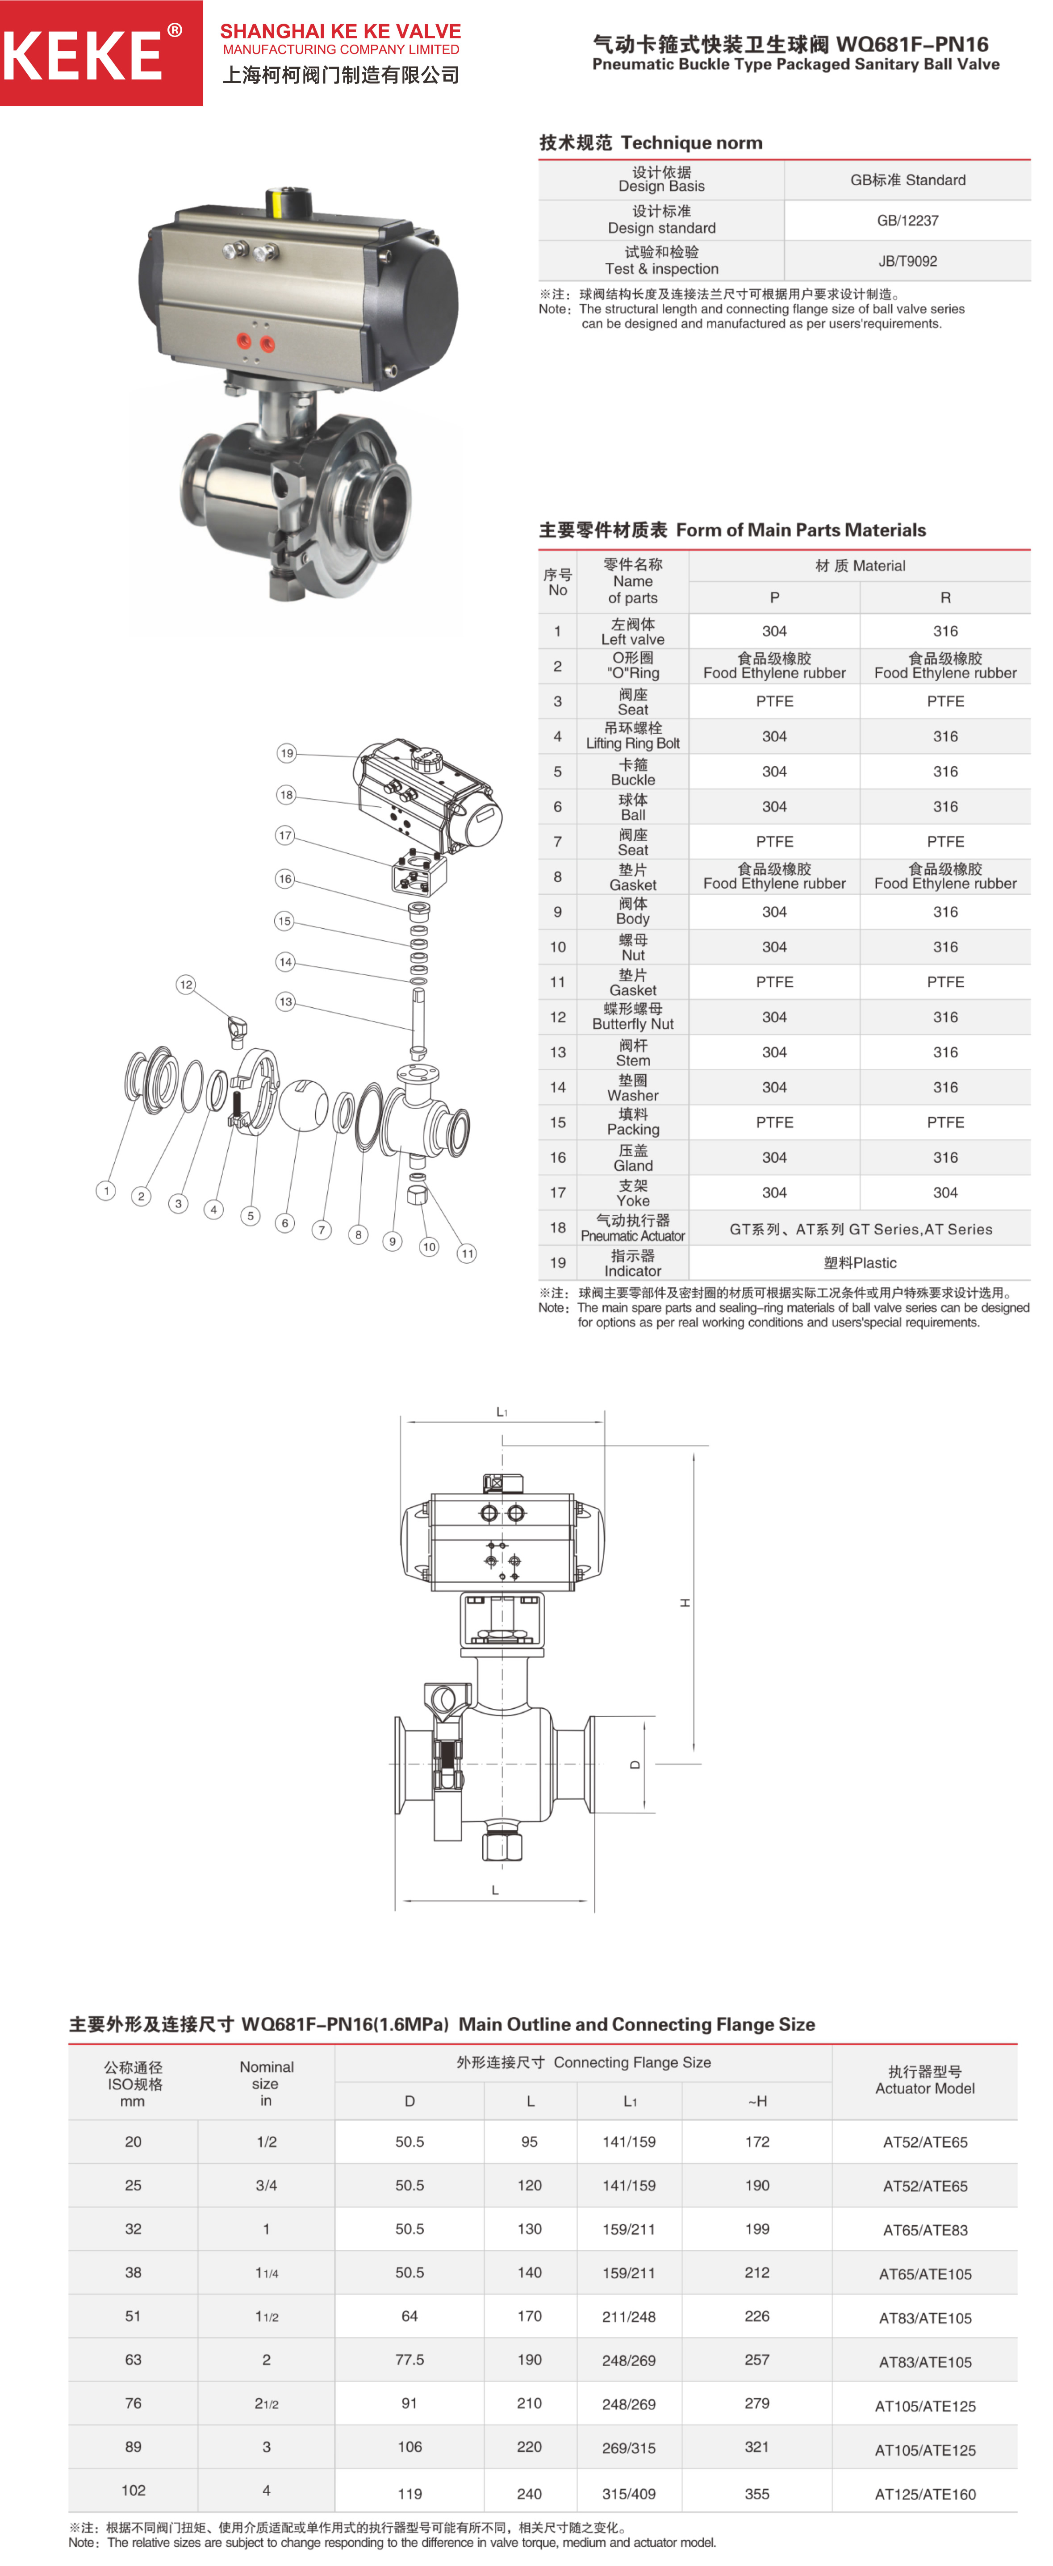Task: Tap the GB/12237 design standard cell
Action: pos(907,220)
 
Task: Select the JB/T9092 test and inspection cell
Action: pos(907,261)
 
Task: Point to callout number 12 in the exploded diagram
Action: pos(185,984)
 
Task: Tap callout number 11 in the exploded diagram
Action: pos(467,1253)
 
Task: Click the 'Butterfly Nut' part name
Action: pos(633,1024)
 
